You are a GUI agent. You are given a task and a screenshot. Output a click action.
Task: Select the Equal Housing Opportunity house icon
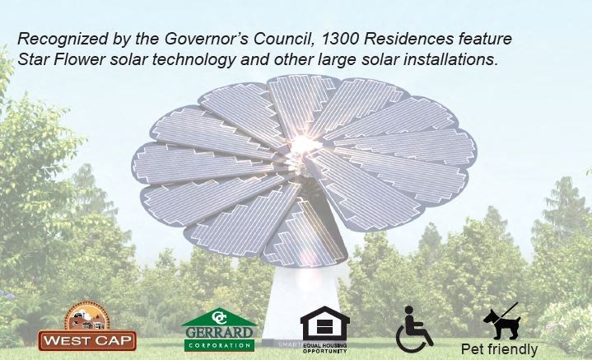(324, 322)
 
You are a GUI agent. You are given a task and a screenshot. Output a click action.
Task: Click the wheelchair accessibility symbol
(415, 329)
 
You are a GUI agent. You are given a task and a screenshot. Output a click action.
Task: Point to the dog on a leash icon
(500, 322)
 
